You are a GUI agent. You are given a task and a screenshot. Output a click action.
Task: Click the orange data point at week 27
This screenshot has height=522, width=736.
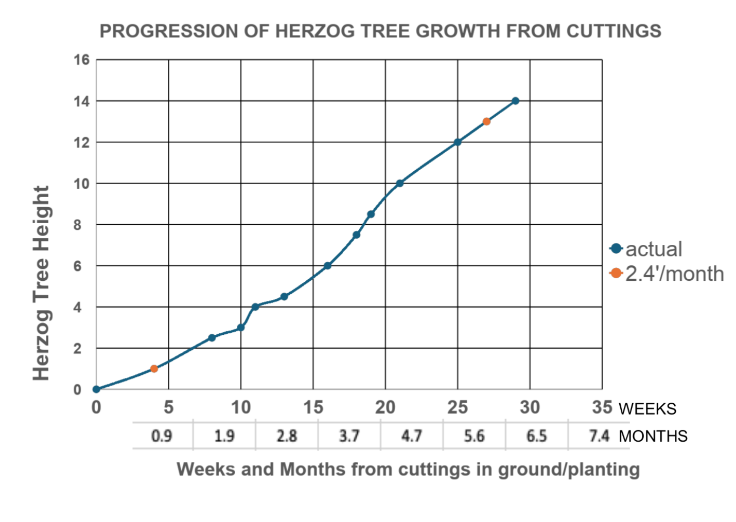pyautogui.click(x=486, y=122)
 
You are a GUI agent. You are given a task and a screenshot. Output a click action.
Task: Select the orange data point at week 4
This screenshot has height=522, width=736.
pyautogui.click(x=154, y=369)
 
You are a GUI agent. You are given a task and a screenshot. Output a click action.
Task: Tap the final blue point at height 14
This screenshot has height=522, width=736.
pyautogui.click(x=515, y=101)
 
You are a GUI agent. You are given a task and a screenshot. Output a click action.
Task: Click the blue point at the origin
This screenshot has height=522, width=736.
pyautogui.click(x=96, y=389)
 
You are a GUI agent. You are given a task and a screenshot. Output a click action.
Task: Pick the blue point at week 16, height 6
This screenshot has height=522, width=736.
pyautogui.click(x=327, y=266)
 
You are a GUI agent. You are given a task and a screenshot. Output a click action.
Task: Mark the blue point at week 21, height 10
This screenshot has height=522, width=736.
pyautogui.click(x=400, y=183)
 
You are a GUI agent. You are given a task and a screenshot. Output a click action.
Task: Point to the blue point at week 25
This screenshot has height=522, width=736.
pyautogui.click(x=458, y=142)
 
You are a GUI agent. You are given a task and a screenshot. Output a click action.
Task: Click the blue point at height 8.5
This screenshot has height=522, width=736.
pyautogui.click(x=371, y=214)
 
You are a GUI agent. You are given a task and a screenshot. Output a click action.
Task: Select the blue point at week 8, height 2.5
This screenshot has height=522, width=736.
pyautogui.click(x=212, y=337)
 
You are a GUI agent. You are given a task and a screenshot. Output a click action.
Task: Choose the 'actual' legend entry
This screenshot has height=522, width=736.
pyautogui.click(x=646, y=249)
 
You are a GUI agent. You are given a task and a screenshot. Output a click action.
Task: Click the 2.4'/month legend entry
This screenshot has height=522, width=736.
pyautogui.click(x=667, y=274)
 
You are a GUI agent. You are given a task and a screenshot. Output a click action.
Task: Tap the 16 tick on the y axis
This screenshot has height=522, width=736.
pyautogui.click(x=81, y=60)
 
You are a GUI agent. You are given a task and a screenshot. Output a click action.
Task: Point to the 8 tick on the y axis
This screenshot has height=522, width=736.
pyautogui.click(x=77, y=225)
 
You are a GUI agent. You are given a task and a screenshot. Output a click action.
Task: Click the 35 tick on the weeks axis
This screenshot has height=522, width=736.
pyautogui.click(x=602, y=407)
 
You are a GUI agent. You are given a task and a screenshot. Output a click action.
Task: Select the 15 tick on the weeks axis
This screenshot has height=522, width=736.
pyautogui.click(x=313, y=407)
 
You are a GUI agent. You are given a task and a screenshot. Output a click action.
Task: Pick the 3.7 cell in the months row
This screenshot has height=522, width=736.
pyautogui.click(x=349, y=436)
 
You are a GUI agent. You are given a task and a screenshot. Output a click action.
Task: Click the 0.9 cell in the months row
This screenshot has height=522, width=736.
pyautogui.click(x=162, y=436)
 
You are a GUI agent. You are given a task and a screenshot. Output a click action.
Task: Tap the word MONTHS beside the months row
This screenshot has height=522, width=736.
pyautogui.click(x=653, y=436)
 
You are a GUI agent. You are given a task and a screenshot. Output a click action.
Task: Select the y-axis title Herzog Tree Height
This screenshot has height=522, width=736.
pyautogui.click(x=41, y=283)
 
